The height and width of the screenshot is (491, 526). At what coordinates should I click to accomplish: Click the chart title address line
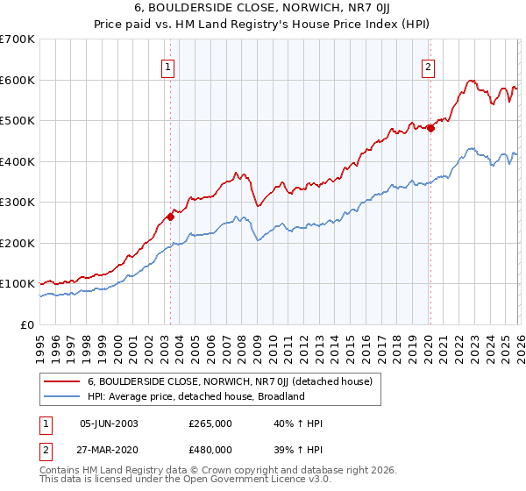click(262, 8)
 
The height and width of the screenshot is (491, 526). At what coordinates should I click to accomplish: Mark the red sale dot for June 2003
click(170, 217)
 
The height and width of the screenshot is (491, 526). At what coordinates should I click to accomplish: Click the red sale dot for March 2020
click(430, 128)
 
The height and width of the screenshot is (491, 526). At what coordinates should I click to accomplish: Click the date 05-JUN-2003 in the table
click(109, 423)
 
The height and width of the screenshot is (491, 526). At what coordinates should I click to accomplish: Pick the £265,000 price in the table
click(210, 423)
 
